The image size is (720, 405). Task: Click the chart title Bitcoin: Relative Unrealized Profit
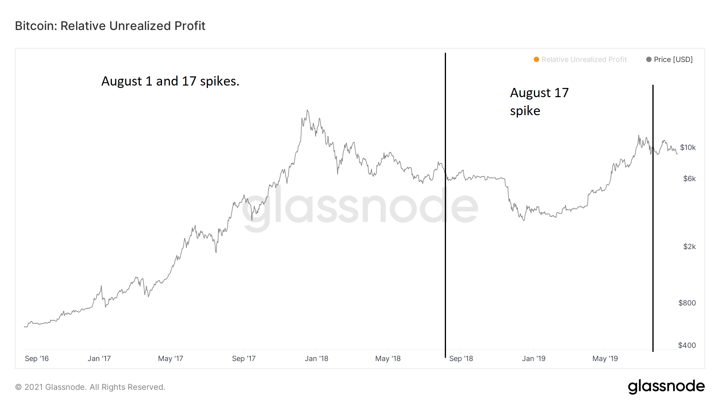click(110, 26)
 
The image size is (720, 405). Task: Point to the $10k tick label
click(688, 148)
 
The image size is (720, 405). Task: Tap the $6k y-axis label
click(689, 179)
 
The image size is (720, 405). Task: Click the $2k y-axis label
click(689, 247)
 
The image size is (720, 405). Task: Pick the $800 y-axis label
click(687, 303)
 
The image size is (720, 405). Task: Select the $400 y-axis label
click(687, 345)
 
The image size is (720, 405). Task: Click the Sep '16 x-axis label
click(37, 359)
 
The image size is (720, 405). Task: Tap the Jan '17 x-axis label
click(99, 359)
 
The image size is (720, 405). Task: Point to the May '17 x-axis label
click(170, 359)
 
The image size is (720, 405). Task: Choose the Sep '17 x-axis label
click(244, 359)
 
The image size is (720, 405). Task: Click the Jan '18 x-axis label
click(316, 359)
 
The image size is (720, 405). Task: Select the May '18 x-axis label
click(388, 359)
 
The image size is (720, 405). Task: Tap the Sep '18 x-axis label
click(461, 359)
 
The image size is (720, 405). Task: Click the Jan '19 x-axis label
click(534, 359)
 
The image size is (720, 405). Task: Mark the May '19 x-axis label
click(605, 359)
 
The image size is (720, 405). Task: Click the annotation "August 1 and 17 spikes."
click(170, 81)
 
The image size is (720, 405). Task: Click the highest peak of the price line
click(307, 110)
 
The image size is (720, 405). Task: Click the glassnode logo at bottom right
click(666, 387)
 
